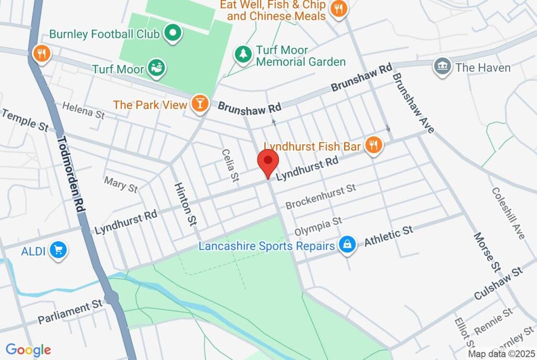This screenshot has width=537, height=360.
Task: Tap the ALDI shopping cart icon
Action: [58, 250]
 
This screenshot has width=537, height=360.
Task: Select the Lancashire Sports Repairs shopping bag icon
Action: [347, 244]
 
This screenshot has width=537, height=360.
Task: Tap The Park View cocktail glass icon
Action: [199, 103]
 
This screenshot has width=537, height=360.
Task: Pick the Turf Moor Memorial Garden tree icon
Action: [243, 54]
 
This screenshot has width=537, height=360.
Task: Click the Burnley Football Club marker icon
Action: [172, 34]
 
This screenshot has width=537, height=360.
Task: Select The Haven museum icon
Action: [443, 67]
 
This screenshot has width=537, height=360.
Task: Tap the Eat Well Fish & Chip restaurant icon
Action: [339, 9]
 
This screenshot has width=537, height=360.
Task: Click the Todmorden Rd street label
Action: [71, 174]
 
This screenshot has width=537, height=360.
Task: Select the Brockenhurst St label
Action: [320, 196]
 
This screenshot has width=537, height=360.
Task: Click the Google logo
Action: [28, 350]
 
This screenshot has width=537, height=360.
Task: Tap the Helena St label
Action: [83, 110]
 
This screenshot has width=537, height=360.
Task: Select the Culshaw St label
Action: [498, 283]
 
